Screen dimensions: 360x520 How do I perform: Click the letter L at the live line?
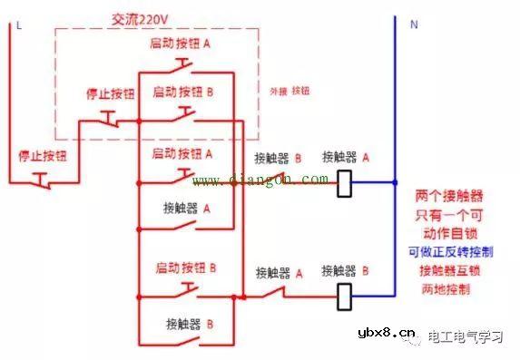pos(17,25)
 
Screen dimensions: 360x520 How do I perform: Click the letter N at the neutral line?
pos(414,25)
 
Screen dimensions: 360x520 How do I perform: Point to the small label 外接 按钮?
pos(291,92)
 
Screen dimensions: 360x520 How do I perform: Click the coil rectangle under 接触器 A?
pos(345,184)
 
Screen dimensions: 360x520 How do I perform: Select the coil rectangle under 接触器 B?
pos(345,296)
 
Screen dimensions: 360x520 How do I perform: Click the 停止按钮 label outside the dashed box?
pos(42,156)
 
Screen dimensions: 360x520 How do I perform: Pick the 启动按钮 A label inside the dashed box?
pos(182,44)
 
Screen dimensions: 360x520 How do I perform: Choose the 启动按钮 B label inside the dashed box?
pos(182,92)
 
